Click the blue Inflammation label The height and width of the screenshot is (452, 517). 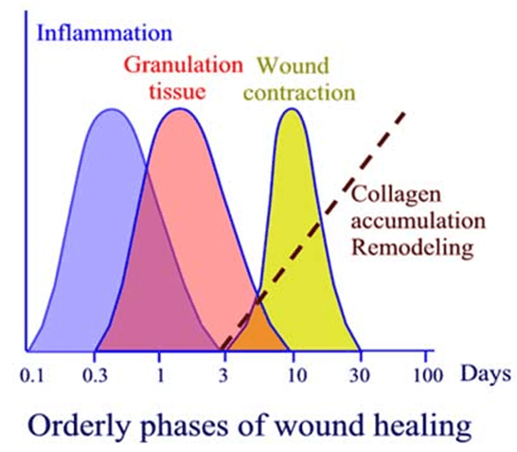coord(105,33)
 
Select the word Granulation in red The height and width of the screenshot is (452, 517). coord(184,65)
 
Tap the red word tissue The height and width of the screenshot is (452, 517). coord(177,91)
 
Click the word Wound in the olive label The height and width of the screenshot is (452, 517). coord(294,65)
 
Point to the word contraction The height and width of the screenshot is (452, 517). coord(300,92)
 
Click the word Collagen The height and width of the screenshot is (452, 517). coord(396,195)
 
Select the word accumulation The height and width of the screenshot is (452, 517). coord(419,221)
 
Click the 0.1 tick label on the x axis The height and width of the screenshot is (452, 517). coord(31,375)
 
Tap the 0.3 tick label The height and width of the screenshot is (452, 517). coord(95,375)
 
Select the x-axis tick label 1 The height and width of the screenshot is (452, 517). coord(160,375)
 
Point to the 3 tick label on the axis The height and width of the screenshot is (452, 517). coord(223,375)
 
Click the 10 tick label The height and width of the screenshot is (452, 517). coord(297,375)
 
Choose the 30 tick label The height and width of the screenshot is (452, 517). coord(360,375)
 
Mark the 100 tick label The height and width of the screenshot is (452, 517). coord(428,375)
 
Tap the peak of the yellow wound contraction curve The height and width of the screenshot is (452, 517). coord(292,109)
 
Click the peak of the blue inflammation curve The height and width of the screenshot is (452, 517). coord(113,110)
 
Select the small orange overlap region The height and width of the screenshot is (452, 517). coord(258,330)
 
